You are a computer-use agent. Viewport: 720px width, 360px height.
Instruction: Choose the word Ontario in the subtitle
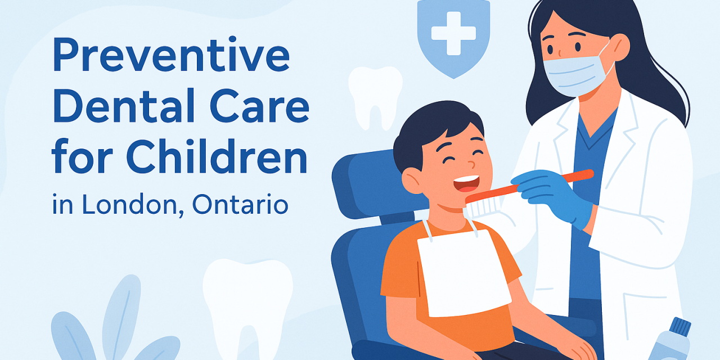(240, 205)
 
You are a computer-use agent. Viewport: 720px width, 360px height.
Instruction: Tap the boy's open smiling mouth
(466, 183)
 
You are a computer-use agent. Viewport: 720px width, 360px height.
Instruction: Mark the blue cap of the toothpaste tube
(681, 327)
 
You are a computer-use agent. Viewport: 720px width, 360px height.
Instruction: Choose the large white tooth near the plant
(247, 304)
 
